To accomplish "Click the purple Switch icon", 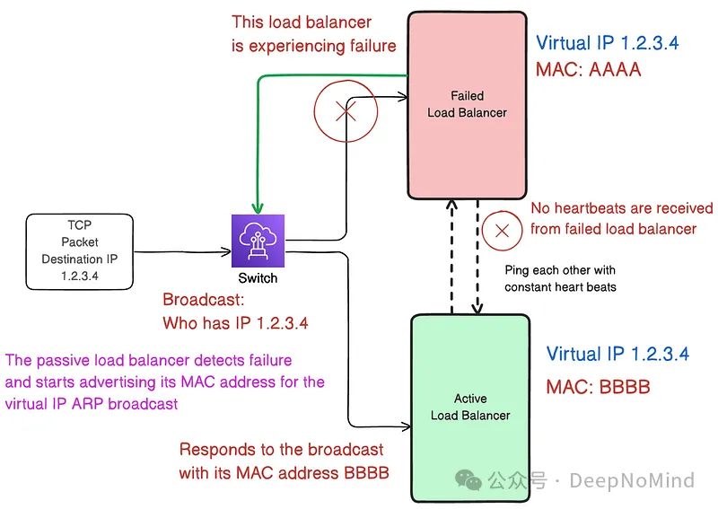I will pos(258,241).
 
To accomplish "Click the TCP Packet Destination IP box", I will pos(80,251).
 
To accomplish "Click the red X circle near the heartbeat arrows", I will pos(503,231).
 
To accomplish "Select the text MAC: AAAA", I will pos(588,69).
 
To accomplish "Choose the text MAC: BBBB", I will pos(598,388).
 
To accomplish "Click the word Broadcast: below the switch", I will pos(203,301).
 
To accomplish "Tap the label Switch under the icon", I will pos(258,278).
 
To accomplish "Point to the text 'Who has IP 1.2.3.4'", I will pos(235,323).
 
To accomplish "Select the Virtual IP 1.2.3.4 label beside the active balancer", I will pos(618,354).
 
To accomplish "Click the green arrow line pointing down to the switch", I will pos(258,135).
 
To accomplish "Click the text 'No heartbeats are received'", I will pos(621,208).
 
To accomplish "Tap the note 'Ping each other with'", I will pos(560,270).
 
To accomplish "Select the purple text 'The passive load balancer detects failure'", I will pos(149,360).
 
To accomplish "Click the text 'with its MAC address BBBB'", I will pos(284,472).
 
